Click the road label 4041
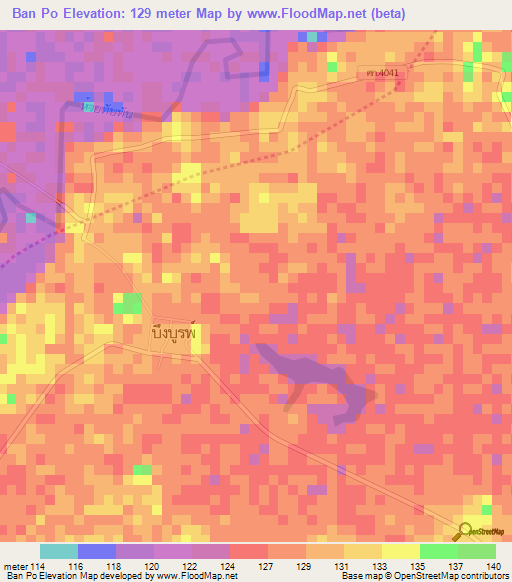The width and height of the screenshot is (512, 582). click(x=382, y=75)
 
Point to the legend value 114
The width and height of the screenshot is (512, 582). click(x=38, y=565)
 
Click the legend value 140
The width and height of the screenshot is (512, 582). click(x=494, y=565)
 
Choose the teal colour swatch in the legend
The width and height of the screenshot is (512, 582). click(x=58, y=550)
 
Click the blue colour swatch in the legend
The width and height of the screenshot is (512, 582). click(x=96, y=550)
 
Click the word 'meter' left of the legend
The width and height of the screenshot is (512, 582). click(x=15, y=565)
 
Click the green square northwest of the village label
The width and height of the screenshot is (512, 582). click(x=127, y=304)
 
